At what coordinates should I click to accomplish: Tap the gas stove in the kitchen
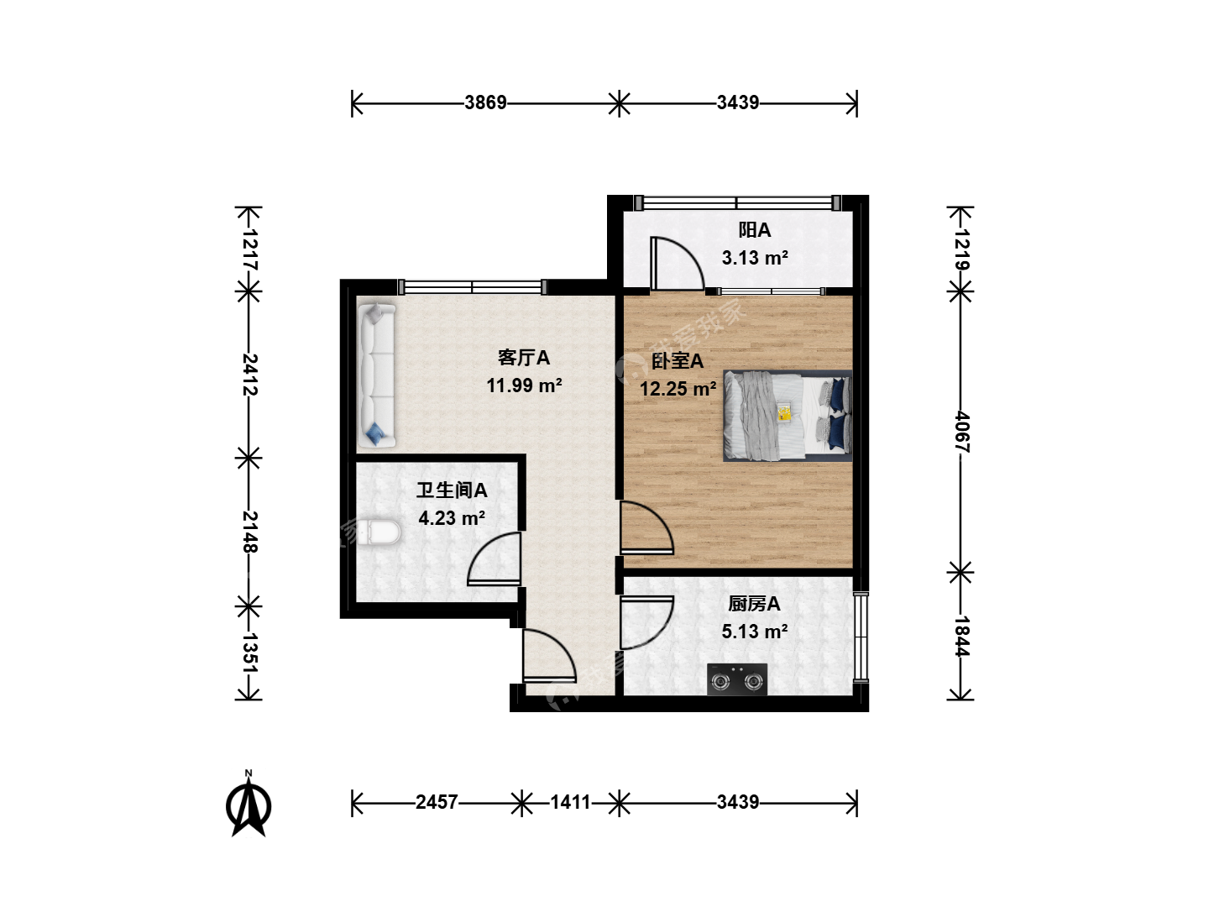coord(737,679)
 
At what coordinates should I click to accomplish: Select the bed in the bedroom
coord(788,416)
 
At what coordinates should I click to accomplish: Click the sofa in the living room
coord(377,375)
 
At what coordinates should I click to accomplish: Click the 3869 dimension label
coord(485,103)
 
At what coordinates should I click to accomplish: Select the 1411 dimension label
coord(570,802)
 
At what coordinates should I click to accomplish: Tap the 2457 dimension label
coord(437,802)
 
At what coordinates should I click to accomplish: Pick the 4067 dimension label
coord(961,432)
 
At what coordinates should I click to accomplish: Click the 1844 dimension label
coord(961,636)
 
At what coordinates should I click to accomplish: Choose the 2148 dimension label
coord(249,532)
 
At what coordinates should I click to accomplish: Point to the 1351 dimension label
coord(249,653)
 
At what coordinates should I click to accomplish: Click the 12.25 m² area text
coord(678,390)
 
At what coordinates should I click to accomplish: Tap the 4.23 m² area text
coord(452,518)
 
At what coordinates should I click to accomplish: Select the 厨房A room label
coord(754,605)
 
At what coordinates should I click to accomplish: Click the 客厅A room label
coord(524,358)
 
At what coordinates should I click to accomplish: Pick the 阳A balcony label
coord(755,230)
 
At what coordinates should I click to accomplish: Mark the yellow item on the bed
coord(784,413)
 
